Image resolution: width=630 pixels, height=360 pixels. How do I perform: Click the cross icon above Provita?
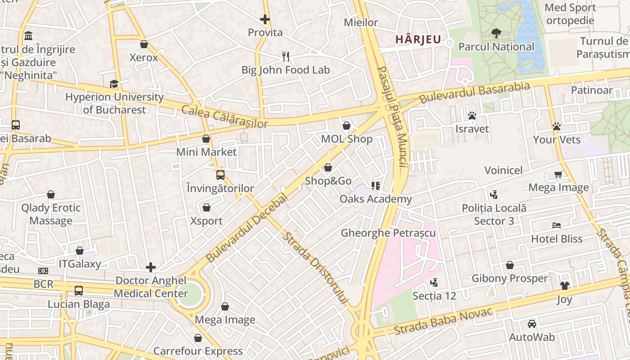point(265,19)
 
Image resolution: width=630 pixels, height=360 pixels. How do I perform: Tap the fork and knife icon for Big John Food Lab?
point(286,57)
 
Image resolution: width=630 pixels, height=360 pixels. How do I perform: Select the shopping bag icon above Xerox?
point(144,44)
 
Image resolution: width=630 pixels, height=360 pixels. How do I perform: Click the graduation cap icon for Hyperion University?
point(114,84)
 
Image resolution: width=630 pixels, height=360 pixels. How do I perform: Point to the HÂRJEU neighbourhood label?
point(418,40)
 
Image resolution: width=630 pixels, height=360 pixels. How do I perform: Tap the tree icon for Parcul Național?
point(496,33)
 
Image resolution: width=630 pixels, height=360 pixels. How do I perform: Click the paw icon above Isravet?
point(472,116)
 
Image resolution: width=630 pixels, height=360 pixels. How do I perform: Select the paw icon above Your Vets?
point(557,127)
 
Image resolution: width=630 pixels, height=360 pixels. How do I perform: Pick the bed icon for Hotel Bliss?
point(557,225)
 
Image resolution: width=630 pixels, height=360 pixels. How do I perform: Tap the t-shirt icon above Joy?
point(564,285)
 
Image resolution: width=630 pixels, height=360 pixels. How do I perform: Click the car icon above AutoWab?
point(532,324)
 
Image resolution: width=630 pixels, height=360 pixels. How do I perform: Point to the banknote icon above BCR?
point(43,271)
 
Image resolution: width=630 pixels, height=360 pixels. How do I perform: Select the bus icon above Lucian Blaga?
point(79,291)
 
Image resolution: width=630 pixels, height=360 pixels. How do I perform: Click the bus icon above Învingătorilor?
point(220,175)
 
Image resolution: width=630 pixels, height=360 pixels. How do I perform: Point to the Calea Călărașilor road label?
point(225,117)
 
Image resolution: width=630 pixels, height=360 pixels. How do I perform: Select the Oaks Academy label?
point(376,199)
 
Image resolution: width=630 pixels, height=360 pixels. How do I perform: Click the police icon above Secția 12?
point(434,283)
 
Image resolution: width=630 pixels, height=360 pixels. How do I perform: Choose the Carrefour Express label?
point(198,351)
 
